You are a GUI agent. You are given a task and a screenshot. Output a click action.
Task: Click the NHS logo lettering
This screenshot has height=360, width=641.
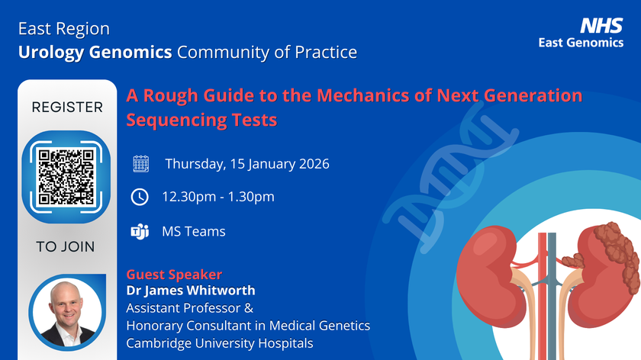[x=601, y=26]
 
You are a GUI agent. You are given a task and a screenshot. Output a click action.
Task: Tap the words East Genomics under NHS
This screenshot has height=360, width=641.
[x=581, y=43]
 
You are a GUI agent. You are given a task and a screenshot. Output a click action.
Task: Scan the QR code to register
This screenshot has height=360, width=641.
[x=66, y=177]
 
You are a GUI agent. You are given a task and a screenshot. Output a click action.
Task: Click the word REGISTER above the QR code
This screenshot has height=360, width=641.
[x=67, y=107]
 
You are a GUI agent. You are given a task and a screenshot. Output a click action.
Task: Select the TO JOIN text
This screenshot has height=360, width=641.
[x=66, y=247]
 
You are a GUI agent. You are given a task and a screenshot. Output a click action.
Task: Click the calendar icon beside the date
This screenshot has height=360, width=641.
[x=140, y=164]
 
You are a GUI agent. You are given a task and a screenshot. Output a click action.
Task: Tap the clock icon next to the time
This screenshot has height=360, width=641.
[x=140, y=197]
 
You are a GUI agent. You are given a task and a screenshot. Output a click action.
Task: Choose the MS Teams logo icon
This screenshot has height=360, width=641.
[x=140, y=232]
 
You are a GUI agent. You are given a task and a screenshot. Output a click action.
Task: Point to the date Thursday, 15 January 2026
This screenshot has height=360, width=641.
[x=247, y=164]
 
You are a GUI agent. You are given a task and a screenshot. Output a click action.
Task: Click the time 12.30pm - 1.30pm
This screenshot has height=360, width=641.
[x=218, y=197]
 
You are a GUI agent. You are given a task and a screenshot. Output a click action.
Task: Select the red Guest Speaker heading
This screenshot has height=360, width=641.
[x=174, y=274]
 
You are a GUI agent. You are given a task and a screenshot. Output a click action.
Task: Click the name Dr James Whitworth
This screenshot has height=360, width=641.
[x=191, y=290]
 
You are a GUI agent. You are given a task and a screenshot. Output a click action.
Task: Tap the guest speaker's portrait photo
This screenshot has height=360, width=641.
[x=67, y=313]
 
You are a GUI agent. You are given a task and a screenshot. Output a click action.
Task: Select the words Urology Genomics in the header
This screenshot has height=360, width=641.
[x=95, y=53]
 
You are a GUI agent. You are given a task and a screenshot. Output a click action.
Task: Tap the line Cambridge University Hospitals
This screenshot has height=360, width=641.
[x=220, y=342]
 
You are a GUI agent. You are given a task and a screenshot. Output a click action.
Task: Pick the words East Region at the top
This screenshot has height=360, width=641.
[x=64, y=29]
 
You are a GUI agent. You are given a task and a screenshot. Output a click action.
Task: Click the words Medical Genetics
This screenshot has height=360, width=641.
[x=320, y=325]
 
